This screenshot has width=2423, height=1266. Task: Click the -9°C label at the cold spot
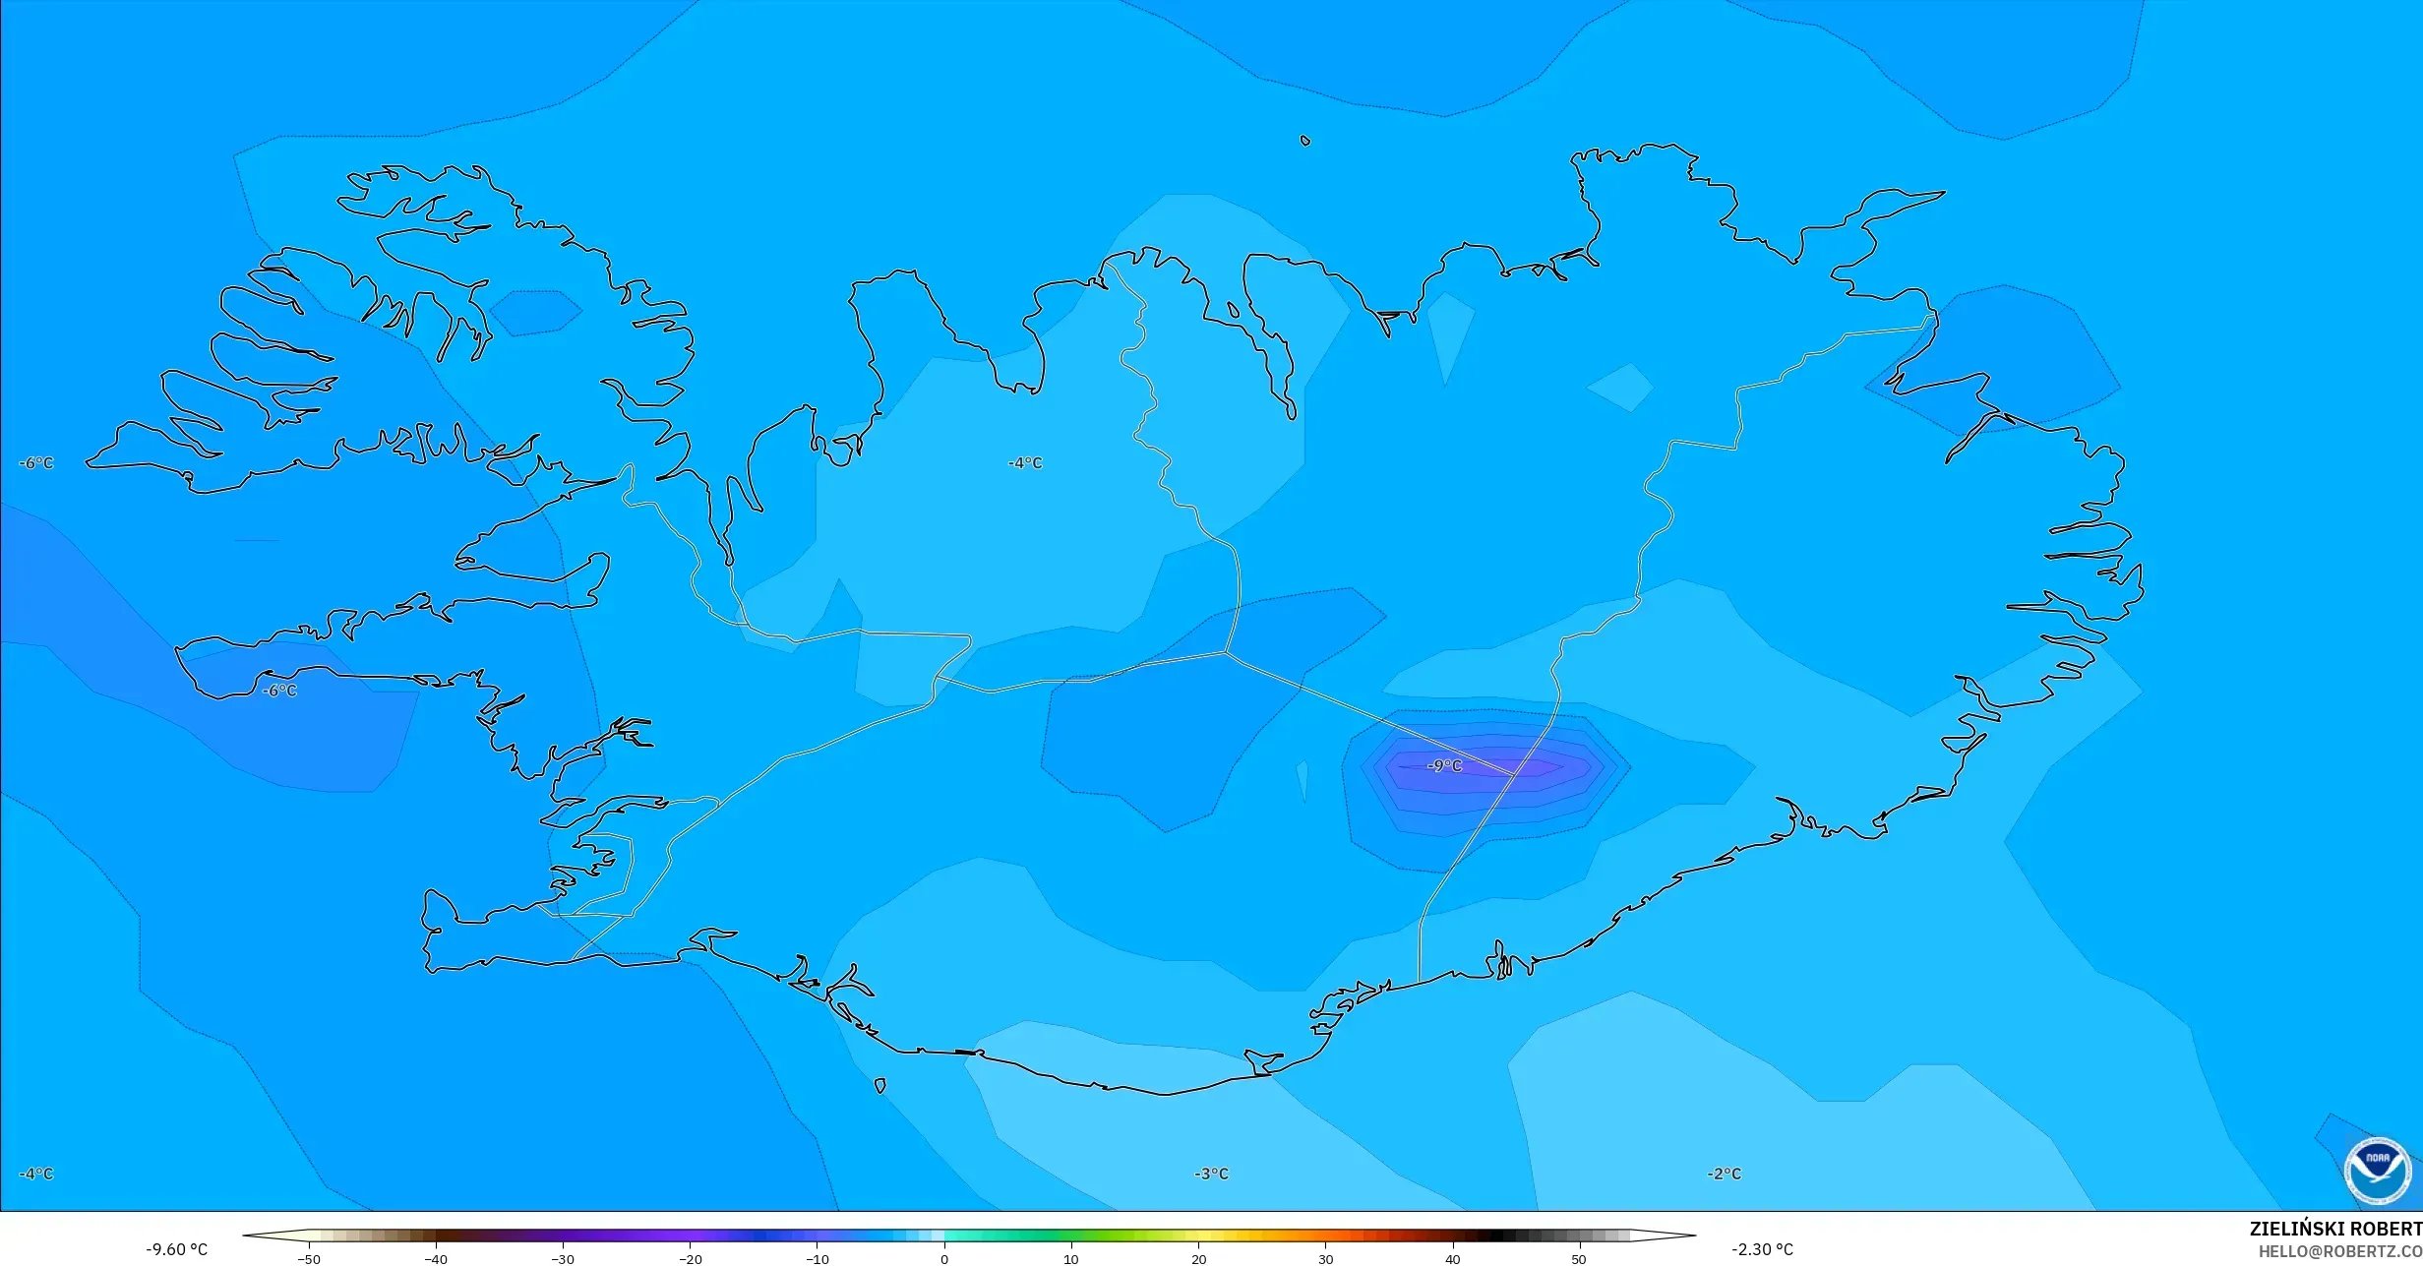(x=1444, y=765)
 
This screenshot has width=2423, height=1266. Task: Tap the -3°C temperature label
(x=1211, y=1174)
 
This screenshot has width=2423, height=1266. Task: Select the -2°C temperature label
(x=1724, y=1174)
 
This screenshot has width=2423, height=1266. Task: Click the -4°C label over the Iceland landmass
(x=1024, y=463)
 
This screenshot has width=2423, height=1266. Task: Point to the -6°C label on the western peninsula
(x=279, y=691)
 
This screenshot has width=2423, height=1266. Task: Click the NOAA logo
(x=2377, y=1171)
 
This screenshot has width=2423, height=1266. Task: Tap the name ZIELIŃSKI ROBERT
(x=2334, y=1229)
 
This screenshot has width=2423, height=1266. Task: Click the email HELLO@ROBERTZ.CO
(x=2339, y=1251)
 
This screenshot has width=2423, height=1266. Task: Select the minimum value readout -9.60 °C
(x=177, y=1249)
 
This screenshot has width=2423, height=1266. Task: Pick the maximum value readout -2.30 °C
(x=1762, y=1249)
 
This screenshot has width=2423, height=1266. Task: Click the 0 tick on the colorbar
(x=944, y=1259)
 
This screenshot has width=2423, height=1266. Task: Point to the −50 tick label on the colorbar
(x=308, y=1259)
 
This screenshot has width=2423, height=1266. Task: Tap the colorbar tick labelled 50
(x=1579, y=1259)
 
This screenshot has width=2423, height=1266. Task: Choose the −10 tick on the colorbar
(x=817, y=1259)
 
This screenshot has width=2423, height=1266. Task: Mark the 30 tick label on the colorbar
(x=1325, y=1259)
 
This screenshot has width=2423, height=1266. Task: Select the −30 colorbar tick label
(x=562, y=1259)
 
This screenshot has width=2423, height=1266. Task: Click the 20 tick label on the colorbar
(x=1198, y=1259)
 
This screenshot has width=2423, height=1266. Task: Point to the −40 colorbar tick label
(x=435, y=1259)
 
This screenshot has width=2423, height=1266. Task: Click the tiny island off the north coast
(x=1305, y=141)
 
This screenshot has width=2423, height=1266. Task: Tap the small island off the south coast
(x=879, y=1086)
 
